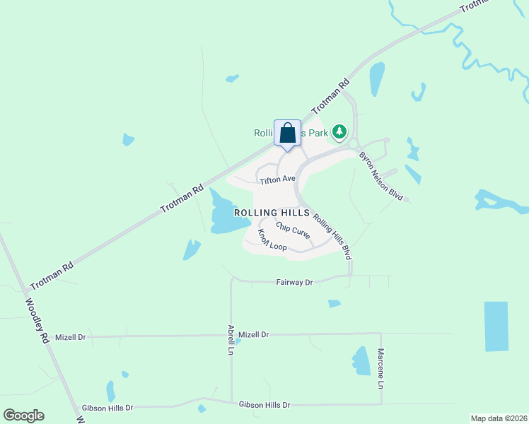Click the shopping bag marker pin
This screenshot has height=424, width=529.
click(x=287, y=134)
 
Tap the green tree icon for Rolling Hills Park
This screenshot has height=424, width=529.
click(x=340, y=131)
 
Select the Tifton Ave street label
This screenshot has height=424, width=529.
click(x=277, y=179)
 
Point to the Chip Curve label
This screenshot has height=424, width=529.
click(x=292, y=231)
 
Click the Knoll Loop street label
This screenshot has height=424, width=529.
click(x=272, y=241)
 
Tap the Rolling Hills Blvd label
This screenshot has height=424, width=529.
click(x=332, y=237)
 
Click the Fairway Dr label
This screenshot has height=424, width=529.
click(x=294, y=282)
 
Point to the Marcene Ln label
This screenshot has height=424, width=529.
click(x=380, y=368)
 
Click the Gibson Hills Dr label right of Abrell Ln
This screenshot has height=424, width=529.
click(x=265, y=404)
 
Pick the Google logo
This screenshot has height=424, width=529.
click(x=23, y=416)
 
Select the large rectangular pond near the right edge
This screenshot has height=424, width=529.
click(x=496, y=326)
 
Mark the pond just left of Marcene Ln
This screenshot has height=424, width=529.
click(x=361, y=361)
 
